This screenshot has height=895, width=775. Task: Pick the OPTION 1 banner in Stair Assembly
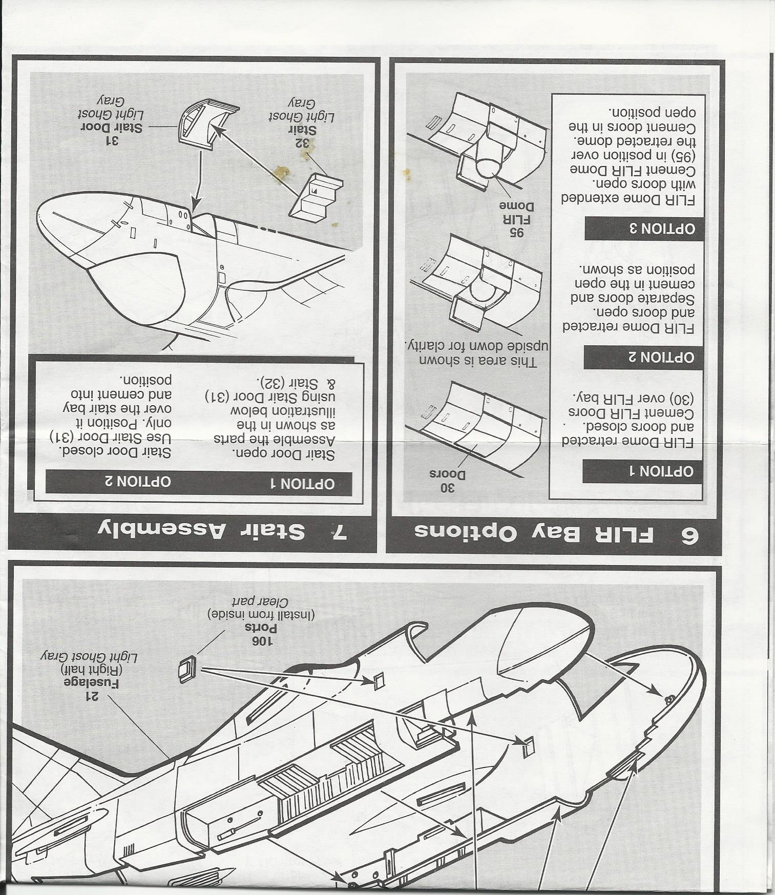[x=302, y=483]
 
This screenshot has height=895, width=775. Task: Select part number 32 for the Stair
[x=306, y=143]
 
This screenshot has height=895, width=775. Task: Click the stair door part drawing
[x=205, y=123]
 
